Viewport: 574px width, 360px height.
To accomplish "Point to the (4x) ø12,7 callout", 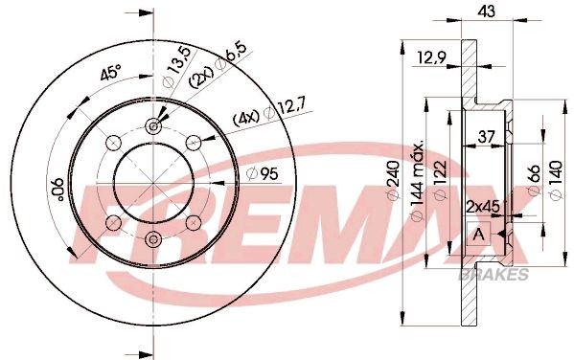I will pos(264,120).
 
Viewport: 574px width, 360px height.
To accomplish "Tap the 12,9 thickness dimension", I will pos(431,62).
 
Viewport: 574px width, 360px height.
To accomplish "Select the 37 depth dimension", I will pos(486,135).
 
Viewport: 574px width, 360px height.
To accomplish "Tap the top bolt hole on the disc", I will pos(153,125).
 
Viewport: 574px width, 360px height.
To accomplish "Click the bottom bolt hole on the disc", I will pos(153,239).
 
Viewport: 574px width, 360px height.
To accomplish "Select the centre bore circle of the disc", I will pos(153,182).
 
